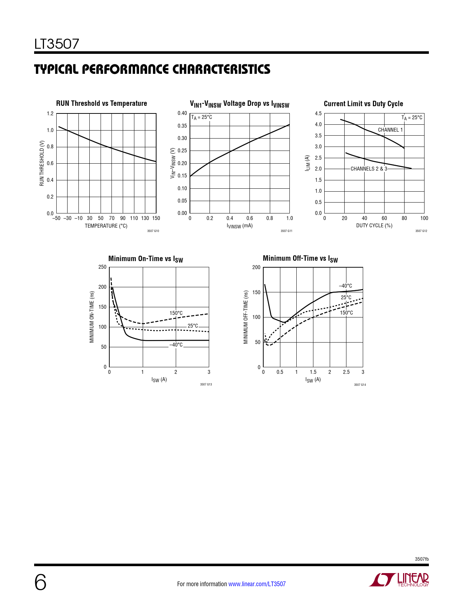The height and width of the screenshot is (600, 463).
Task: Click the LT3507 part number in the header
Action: [57, 44]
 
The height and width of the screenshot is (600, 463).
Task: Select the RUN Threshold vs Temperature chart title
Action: [101, 103]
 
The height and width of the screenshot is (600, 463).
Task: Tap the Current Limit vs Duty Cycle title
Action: [363, 104]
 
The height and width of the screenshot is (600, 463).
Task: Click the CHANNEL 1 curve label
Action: [390, 130]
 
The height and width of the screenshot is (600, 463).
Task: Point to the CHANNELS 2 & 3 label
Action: [369, 169]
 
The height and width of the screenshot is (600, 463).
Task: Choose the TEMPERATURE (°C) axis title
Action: [106, 226]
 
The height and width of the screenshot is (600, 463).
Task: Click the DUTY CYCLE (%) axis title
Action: [374, 225]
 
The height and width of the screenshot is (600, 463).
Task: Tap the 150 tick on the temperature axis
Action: [156, 218]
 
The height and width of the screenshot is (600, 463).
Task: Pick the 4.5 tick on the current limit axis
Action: [318, 113]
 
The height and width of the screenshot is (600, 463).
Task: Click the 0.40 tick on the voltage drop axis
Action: [182, 113]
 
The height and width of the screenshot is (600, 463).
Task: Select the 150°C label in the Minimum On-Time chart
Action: [176, 313]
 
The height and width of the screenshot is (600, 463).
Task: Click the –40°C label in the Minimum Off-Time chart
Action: [345, 286]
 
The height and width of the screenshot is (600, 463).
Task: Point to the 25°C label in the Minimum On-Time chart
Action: [193, 326]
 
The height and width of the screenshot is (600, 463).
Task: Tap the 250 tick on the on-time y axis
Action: [102, 267]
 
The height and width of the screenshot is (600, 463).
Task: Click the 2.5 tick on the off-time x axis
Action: [346, 372]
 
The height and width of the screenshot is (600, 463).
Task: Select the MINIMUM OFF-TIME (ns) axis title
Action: [246, 317]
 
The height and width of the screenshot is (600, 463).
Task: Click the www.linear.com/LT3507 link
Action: [257, 584]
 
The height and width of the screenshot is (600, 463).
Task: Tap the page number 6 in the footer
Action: [40, 583]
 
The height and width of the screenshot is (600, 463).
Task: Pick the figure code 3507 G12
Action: [421, 231]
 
